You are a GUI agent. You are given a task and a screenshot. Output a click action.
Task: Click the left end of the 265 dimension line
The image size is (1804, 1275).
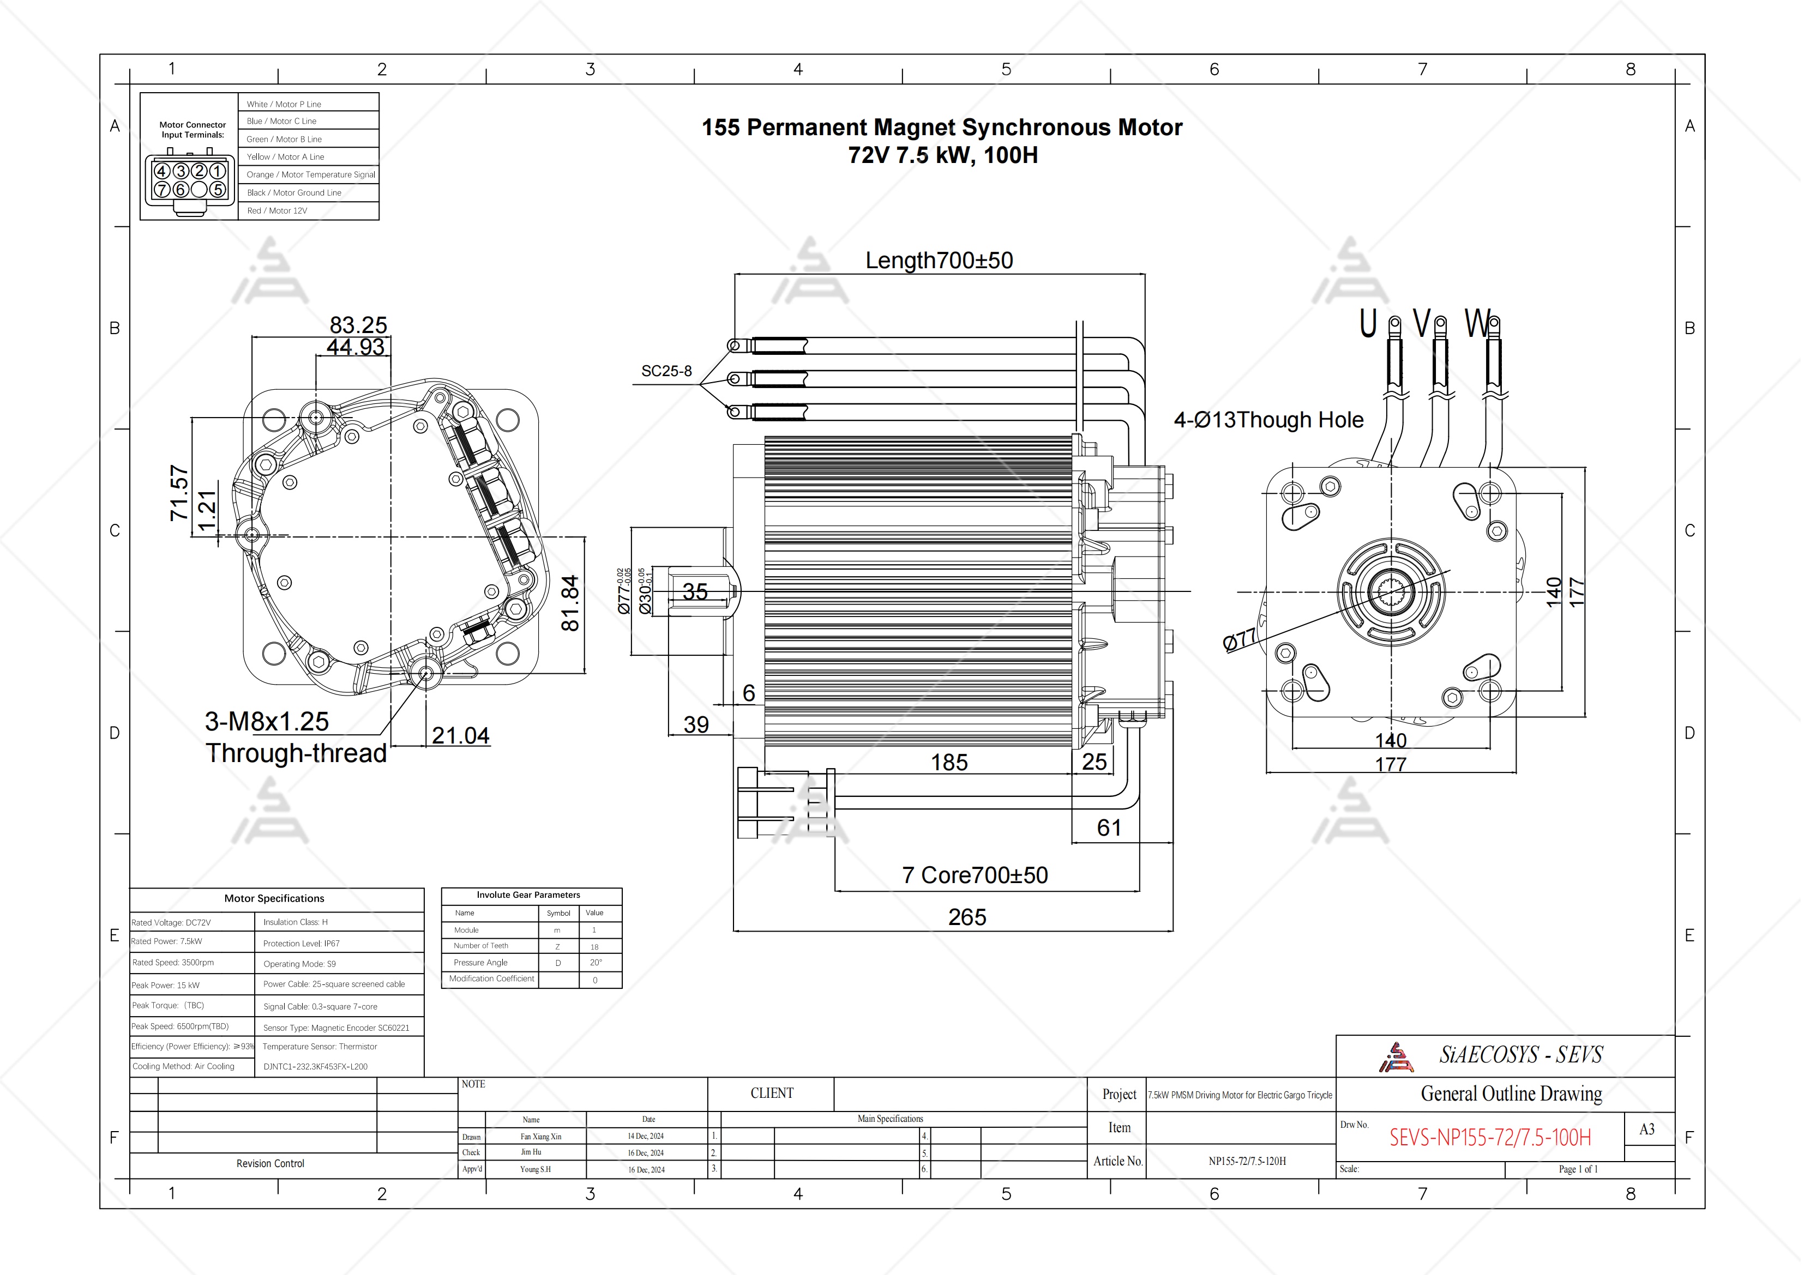click(x=734, y=931)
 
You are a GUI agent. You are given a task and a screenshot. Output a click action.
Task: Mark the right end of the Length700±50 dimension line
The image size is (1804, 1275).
click(x=1145, y=274)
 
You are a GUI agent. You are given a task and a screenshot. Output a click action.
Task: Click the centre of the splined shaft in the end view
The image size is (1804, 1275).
click(x=1392, y=591)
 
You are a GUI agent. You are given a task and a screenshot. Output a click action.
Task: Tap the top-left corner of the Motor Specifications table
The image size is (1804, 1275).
click(x=130, y=889)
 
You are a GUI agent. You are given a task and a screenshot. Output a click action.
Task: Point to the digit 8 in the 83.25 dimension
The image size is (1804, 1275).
click(x=337, y=325)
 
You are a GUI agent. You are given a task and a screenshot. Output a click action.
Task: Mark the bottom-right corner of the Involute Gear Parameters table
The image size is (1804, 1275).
click(x=622, y=988)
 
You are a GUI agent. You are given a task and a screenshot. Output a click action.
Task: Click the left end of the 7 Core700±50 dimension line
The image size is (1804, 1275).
click(x=835, y=891)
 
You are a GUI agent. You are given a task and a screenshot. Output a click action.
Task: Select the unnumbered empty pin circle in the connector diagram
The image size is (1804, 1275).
click(x=200, y=189)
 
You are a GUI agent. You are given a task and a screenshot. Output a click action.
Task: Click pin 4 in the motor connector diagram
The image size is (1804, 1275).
click(x=162, y=171)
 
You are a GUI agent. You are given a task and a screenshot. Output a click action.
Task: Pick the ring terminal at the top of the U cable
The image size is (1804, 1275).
click(x=1394, y=323)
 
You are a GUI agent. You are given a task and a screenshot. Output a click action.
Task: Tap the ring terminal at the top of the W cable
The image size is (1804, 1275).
click(x=1494, y=323)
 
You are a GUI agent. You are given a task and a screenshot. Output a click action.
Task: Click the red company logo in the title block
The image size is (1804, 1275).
click(x=1396, y=1058)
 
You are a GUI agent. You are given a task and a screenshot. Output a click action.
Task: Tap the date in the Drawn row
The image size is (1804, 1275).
click(x=646, y=1136)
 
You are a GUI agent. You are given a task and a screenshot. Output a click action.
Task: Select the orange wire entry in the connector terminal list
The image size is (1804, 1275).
click(x=310, y=174)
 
